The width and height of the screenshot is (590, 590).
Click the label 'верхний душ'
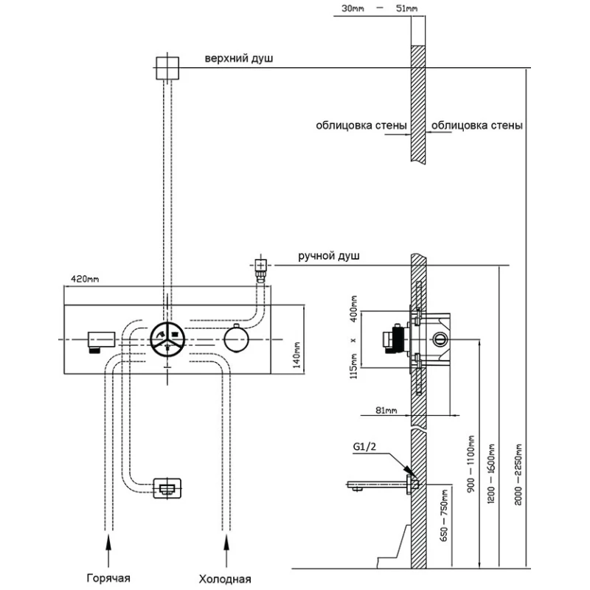click(x=240, y=59)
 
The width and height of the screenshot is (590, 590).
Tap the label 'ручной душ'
click(x=329, y=256)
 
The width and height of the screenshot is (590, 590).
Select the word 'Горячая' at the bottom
click(x=111, y=578)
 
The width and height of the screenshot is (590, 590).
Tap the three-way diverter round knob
click(x=167, y=340)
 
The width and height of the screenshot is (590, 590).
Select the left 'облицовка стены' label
click(x=361, y=125)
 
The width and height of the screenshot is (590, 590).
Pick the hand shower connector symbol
click(x=260, y=266)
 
